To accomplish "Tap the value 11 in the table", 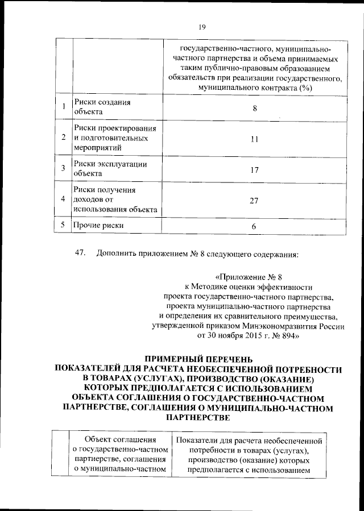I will click(254, 138).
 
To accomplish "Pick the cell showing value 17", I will click(254, 169).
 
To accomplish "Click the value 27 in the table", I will click(254, 200).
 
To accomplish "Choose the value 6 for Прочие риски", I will click(254, 227).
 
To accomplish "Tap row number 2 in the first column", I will click(63, 138).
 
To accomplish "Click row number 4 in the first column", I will click(63, 200).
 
